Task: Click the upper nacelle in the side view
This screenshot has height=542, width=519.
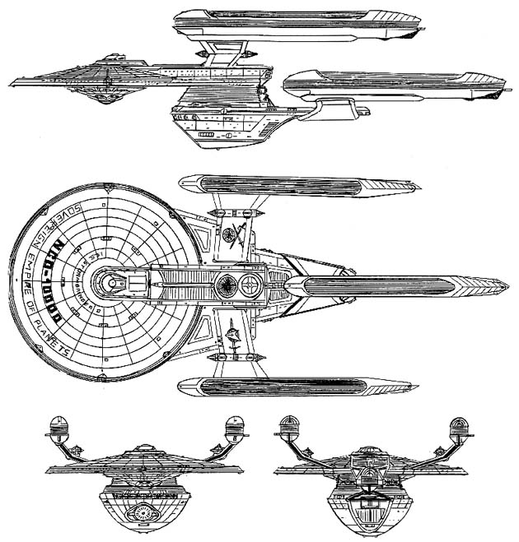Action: pyautogui.click(x=297, y=20)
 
